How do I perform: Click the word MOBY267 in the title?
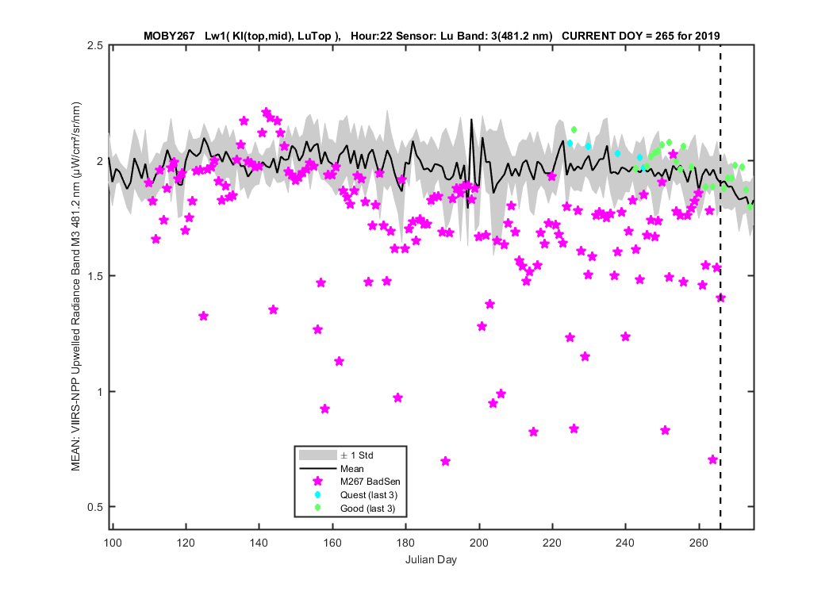click(x=169, y=36)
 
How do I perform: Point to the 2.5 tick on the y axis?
click(x=95, y=45)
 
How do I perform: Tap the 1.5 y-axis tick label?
click(x=95, y=276)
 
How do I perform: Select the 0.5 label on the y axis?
click(x=95, y=507)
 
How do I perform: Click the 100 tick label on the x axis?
click(x=113, y=543)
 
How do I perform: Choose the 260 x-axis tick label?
click(x=699, y=543)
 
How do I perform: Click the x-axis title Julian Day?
click(x=431, y=559)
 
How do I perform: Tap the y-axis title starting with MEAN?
click(x=76, y=286)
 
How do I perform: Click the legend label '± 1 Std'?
click(x=357, y=455)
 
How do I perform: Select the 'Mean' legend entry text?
click(x=351, y=469)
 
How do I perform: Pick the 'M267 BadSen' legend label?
click(x=370, y=482)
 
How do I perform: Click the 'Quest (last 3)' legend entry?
click(x=369, y=495)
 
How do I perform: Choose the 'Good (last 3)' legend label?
click(x=367, y=509)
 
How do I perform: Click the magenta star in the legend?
click(x=317, y=482)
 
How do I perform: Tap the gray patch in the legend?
click(x=317, y=455)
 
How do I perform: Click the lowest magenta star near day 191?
click(x=446, y=461)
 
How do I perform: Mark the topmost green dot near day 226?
click(x=574, y=129)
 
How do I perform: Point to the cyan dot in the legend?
click(x=317, y=494)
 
